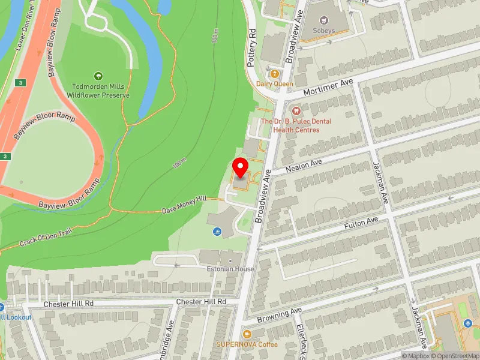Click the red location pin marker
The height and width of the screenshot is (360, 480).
coord(241,167)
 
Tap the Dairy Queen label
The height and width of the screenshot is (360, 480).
coord(275,84)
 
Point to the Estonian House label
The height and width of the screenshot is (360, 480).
coord(230,269)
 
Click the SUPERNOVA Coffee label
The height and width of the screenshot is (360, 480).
coord(248,344)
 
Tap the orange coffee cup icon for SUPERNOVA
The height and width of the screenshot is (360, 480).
coord(246,334)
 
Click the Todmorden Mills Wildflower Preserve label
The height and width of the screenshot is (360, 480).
coord(98,91)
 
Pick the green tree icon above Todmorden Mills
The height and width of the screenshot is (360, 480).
coord(98,76)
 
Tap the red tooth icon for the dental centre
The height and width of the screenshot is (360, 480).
coord(295,110)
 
